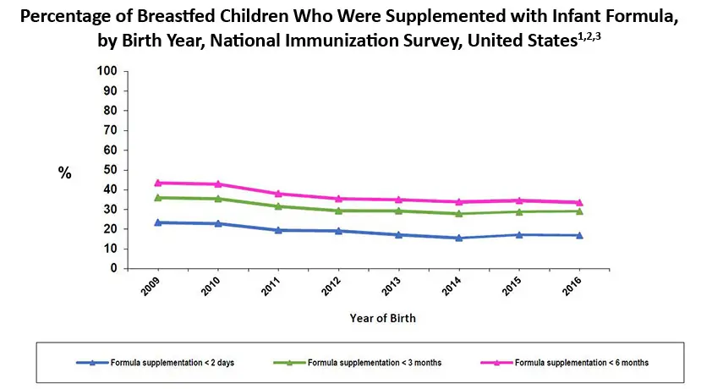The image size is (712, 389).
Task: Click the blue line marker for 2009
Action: [157, 222]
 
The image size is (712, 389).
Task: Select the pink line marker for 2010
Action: [218, 184]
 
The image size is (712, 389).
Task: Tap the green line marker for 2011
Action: [278, 205]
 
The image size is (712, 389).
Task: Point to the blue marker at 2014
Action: [459, 238]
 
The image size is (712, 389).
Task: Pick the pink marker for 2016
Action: [579, 202]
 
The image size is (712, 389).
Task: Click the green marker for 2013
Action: [399, 211]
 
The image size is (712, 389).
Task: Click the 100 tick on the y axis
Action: [107, 71]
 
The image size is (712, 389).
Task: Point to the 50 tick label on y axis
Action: [110, 170]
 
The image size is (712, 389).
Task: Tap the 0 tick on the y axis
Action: [113, 269]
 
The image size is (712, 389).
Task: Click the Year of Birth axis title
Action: [382, 319]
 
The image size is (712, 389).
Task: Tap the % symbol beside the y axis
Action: [64, 173]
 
